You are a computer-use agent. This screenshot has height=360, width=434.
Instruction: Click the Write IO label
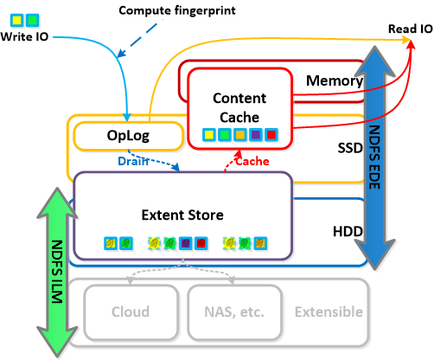(x=24, y=36)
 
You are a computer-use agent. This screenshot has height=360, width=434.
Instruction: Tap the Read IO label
(x=411, y=29)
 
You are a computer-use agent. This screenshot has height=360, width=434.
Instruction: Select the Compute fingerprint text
(x=177, y=11)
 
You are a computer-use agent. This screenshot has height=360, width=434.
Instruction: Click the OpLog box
(x=129, y=136)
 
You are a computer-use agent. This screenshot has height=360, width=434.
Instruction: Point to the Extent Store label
(x=182, y=215)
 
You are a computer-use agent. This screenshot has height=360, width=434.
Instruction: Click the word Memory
(x=335, y=80)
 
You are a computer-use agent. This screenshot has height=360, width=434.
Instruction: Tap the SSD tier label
(x=350, y=148)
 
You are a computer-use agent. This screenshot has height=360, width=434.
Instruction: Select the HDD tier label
(x=348, y=231)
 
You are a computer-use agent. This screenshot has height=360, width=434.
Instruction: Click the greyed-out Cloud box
(x=131, y=312)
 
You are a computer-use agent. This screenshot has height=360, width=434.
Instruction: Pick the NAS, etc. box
(x=234, y=312)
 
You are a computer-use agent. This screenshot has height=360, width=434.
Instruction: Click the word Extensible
(x=329, y=312)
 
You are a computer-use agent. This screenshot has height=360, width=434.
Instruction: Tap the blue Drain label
(x=133, y=161)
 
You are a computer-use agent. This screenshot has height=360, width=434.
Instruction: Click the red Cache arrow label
(x=252, y=161)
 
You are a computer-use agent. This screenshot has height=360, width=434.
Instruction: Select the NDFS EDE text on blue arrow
(x=374, y=157)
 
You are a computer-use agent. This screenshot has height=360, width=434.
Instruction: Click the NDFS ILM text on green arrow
(x=57, y=272)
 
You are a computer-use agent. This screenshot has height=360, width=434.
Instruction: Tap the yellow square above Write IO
(x=16, y=20)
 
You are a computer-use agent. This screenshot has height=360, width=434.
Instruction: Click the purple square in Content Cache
(x=256, y=135)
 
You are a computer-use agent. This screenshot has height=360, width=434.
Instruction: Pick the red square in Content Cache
(x=271, y=135)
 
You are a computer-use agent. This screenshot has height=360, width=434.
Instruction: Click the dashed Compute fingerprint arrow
(x=137, y=40)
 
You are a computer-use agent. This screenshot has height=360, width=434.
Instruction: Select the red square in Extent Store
(x=201, y=243)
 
